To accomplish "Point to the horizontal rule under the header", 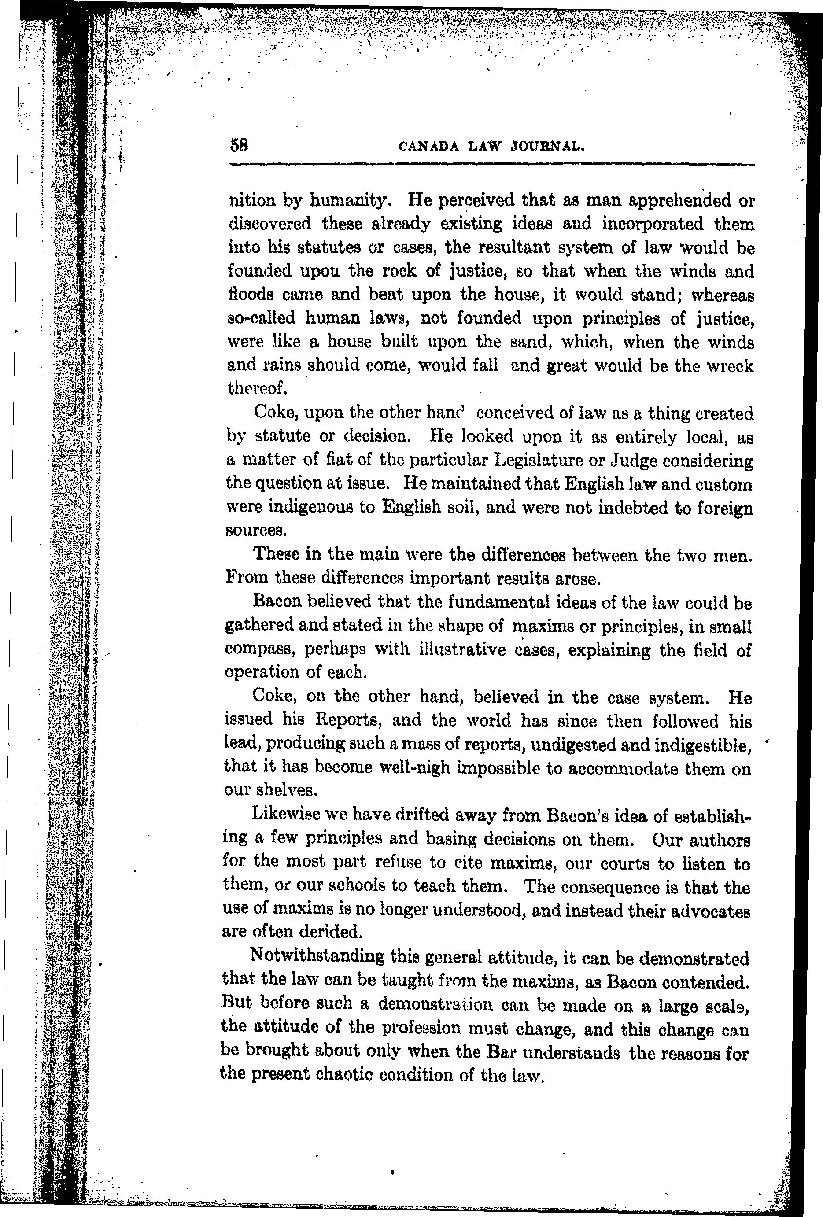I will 491,165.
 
